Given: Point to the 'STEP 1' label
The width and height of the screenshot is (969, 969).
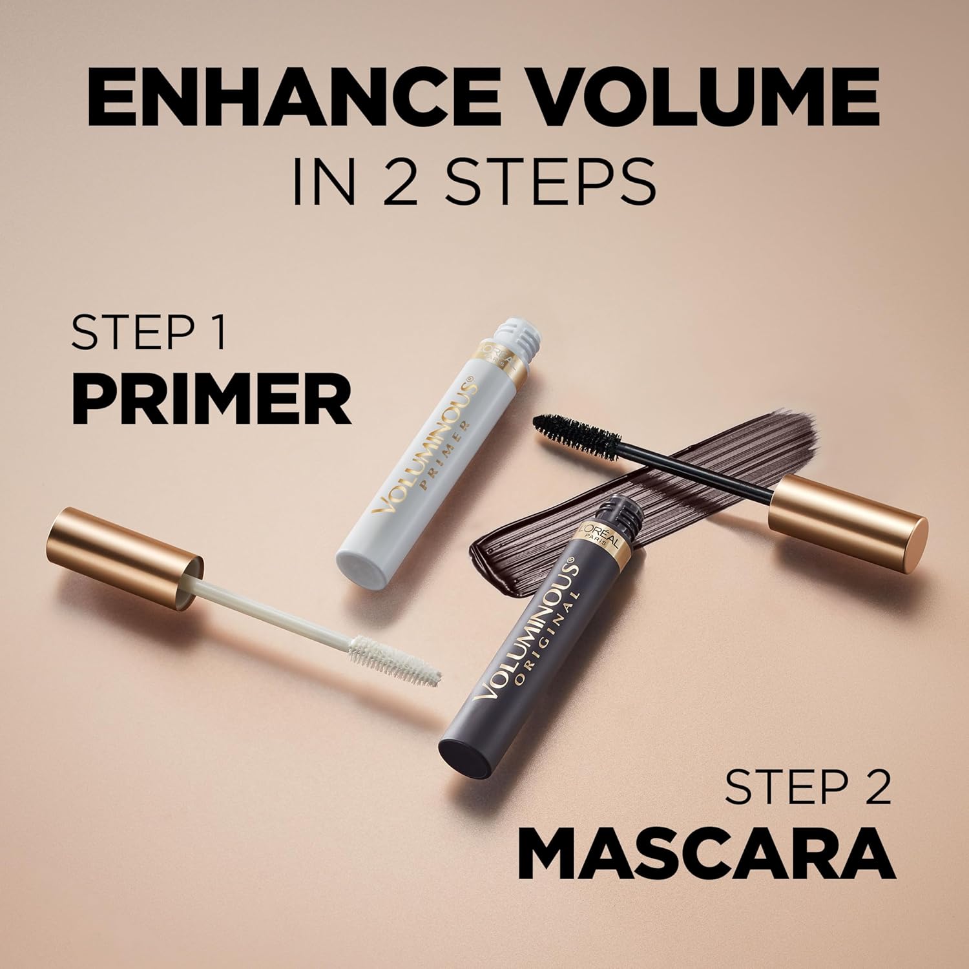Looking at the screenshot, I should coord(149,333).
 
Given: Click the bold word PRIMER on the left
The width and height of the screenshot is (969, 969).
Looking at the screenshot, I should coord(211,401).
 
